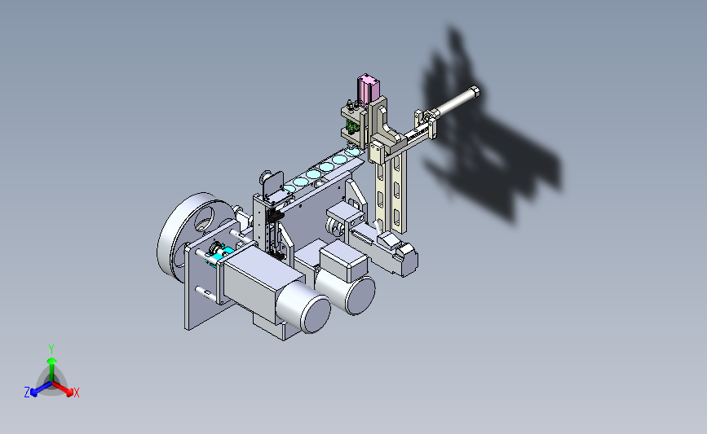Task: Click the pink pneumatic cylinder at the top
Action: tap(368, 89)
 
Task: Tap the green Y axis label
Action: tap(51, 349)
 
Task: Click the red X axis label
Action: tap(77, 392)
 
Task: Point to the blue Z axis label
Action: tap(27, 392)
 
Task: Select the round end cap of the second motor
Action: tap(360, 296)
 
